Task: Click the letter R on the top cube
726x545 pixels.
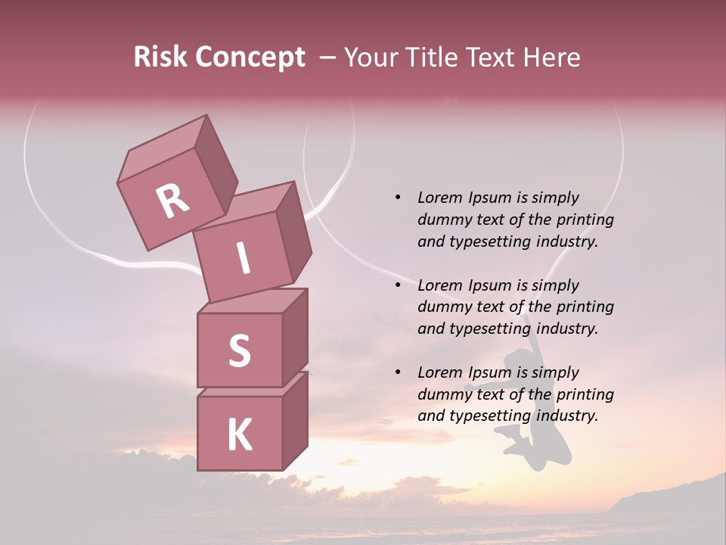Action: [172, 201]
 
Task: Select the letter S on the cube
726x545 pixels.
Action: [239, 350]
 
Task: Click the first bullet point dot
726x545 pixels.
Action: [398, 198]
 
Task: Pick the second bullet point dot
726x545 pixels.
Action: [398, 285]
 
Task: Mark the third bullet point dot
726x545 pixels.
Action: [398, 372]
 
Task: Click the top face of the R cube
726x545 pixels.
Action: [162, 147]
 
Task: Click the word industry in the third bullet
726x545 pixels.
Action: [566, 416]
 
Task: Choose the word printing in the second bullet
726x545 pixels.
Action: [585, 307]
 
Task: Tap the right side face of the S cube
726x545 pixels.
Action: [295, 336]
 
